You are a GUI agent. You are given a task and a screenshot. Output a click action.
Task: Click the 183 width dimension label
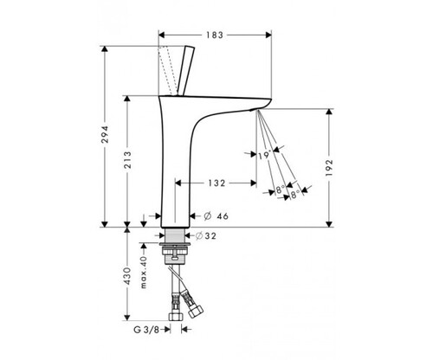point(215,35)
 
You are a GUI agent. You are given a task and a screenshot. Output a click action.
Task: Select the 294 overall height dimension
point(105,134)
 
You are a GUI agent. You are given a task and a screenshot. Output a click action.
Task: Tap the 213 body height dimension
point(127,160)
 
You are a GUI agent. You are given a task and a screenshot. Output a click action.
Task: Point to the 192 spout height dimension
point(329,168)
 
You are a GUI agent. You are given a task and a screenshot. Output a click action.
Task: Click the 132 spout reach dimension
point(216,183)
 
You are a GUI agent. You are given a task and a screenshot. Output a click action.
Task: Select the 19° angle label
point(265,155)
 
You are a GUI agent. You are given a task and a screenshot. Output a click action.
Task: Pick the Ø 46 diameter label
point(216,215)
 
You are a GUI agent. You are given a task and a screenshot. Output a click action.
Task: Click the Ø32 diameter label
point(206,236)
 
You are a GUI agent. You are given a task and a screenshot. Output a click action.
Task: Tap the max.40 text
point(144,272)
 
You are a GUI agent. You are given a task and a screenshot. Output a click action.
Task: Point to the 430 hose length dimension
point(127,276)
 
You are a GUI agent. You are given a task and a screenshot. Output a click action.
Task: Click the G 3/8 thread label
point(146,330)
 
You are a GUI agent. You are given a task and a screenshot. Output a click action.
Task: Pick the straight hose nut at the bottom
point(176,316)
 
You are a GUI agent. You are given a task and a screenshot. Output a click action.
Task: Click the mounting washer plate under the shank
point(175,245)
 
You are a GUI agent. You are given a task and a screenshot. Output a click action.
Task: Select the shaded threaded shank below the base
point(175,235)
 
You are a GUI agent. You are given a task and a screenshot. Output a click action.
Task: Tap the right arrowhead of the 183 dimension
point(268,35)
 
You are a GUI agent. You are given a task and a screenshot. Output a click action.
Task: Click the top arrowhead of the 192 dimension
point(329,112)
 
